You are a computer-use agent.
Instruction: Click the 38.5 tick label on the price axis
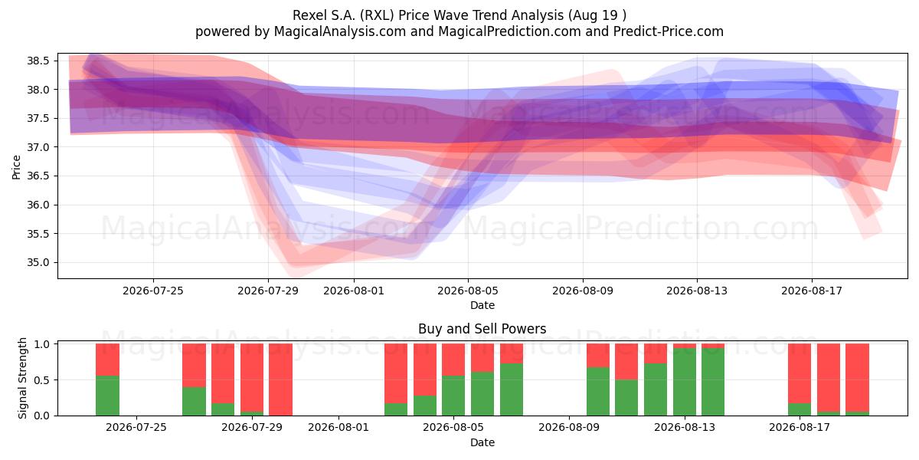coord(38,61)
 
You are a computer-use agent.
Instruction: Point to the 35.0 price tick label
coord(38,262)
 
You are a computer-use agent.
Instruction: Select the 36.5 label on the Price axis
coord(38,176)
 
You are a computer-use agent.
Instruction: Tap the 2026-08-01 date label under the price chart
coord(354,291)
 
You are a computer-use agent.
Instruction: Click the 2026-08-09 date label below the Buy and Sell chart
coord(568,428)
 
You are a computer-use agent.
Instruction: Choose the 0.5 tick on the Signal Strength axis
coord(42,380)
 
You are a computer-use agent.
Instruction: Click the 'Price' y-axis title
coord(16,168)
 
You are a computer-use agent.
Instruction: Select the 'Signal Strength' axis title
coord(22,378)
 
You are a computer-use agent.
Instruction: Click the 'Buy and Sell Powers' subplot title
coord(482,329)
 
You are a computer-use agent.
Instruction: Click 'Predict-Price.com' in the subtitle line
coord(669,31)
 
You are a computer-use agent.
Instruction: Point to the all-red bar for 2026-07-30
coord(280,379)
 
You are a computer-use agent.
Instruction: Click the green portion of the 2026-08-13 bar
coord(685,382)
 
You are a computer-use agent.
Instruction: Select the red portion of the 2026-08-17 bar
coord(800,373)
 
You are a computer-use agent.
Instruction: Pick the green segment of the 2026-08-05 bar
coord(453,396)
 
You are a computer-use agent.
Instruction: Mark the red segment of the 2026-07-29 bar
coord(252,377)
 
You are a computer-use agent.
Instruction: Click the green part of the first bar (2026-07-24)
coord(107,396)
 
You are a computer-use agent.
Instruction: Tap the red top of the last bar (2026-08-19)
coord(858,377)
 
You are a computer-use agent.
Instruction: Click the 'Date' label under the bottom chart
coord(482,442)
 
